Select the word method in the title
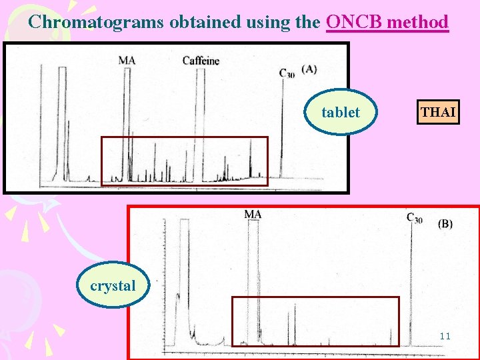[418, 22]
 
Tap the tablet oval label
[340, 112]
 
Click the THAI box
[438, 112]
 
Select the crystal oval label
[112, 286]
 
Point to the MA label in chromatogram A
[127, 61]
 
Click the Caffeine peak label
[201, 61]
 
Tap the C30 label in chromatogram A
[286, 73]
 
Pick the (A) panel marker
[309, 69]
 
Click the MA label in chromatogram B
[253, 214]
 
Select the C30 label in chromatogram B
[414, 217]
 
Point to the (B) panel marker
[445, 224]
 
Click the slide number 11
[445, 336]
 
